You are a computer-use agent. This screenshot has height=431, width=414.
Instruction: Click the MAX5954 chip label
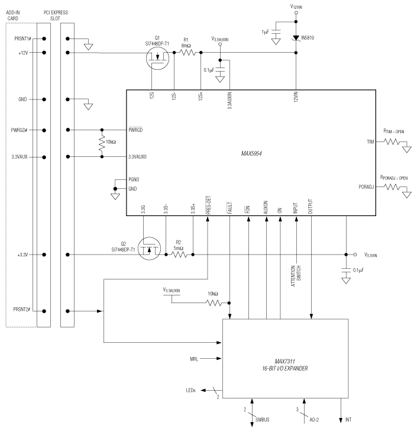(252, 153)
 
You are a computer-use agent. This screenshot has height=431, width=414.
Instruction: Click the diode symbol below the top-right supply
(296, 38)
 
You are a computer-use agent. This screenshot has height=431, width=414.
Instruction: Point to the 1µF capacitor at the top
(276, 39)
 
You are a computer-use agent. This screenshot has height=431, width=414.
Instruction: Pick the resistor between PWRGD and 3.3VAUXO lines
(102, 143)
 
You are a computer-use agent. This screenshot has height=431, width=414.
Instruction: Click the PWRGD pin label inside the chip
(135, 130)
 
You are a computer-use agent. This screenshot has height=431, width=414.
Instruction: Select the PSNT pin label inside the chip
(134, 179)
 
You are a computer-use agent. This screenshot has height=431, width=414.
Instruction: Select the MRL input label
(195, 359)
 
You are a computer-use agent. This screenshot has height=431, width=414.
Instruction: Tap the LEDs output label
(192, 390)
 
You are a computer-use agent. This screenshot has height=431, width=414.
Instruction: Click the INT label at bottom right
(349, 420)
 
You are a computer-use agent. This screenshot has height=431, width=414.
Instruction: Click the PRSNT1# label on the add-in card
(22, 39)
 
